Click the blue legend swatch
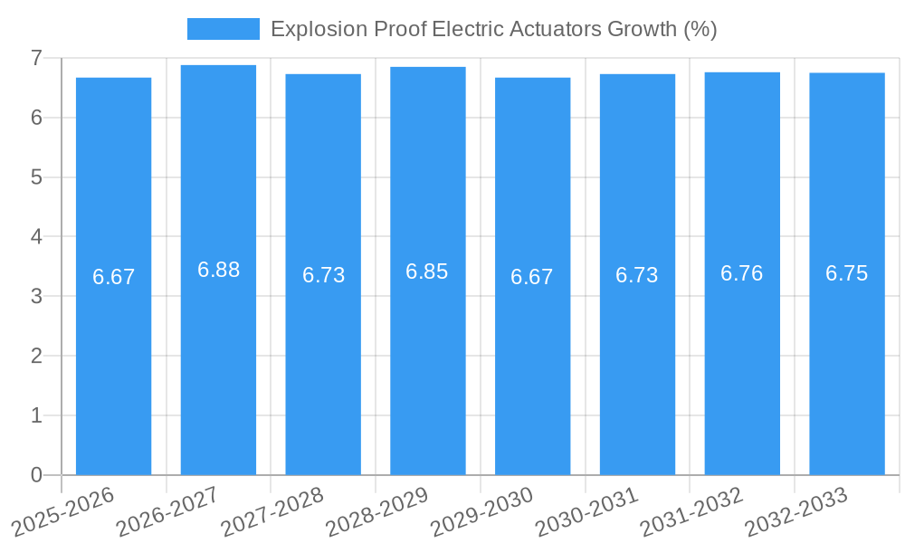pos(223,29)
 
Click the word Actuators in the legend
pos(548,29)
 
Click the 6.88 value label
pos(218,270)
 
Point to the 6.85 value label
pos(427,271)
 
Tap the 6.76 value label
pos(741,273)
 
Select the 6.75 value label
pos(846,273)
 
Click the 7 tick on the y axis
pos(36,58)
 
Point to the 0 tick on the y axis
pos(36,475)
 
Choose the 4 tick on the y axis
pos(36,237)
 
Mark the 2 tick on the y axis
pos(36,356)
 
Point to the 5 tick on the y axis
pos(36,177)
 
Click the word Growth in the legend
pos(641,29)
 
